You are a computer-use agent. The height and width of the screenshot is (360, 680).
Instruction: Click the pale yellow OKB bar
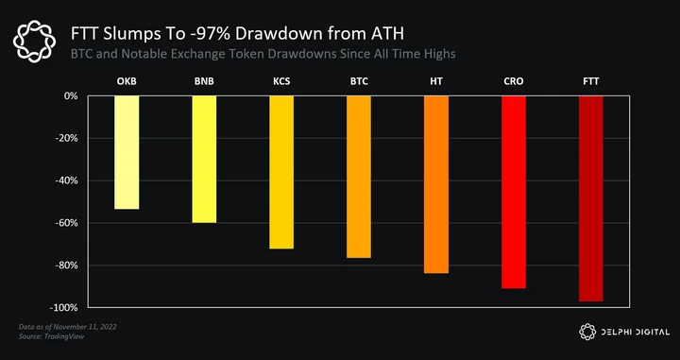[127, 152]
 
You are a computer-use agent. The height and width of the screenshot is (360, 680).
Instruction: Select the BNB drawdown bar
[204, 159]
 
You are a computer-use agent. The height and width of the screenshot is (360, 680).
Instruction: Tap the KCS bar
[281, 172]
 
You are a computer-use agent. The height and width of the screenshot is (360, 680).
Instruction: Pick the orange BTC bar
[359, 177]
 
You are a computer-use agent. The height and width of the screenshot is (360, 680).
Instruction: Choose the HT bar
[436, 184]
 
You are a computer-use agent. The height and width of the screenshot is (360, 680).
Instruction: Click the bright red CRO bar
[514, 192]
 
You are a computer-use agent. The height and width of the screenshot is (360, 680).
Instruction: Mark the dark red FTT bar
[591, 198]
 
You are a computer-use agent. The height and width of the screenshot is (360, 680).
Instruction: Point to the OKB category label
[127, 81]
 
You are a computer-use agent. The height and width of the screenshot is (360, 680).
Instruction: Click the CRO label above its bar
[514, 81]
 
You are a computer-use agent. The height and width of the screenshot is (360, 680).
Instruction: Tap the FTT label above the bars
[591, 81]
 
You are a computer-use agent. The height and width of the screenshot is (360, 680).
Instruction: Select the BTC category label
[359, 81]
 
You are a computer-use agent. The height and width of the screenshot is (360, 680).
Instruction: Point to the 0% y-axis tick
[72, 95]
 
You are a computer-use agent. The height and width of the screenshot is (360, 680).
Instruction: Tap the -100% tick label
[64, 307]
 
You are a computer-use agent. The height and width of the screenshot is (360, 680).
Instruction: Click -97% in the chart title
[209, 34]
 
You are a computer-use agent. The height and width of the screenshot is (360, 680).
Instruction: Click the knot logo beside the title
[34, 42]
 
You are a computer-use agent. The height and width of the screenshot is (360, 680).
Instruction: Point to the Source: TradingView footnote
[52, 336]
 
